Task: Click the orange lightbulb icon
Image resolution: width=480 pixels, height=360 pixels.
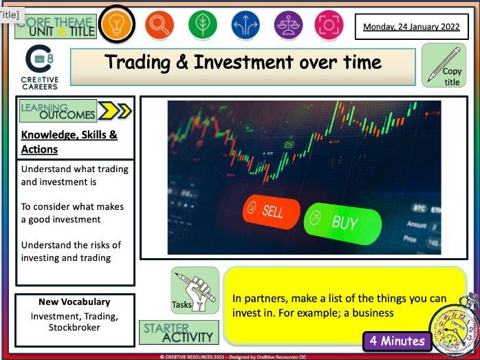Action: pyautogui.click(x=117, y=25)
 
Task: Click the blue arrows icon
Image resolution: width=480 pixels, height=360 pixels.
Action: pyautogui.click(x=245, y=25)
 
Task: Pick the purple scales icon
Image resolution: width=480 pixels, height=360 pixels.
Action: pyautogui.click(x=287, y=25)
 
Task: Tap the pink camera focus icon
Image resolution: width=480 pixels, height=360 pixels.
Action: pyautogui.click(x=329, y=25)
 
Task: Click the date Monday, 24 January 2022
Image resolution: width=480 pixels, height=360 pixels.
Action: pyautogui.click(x=411, y=27)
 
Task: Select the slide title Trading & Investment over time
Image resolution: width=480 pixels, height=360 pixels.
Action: pyautogui.click(x=243, y=63)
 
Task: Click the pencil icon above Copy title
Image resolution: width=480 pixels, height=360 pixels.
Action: pyautogui.click(x=440, y=60)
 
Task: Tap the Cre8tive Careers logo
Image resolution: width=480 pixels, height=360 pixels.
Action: pyautogui.click(x=40, y=67)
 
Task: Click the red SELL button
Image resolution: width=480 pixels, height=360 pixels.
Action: pyautogui.click(x=270, y=211)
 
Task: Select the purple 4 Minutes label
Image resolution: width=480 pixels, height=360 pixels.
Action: pyautogui.click(x=397, y=340)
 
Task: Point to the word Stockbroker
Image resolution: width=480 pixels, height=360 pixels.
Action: pyautogui.click(x=74, y=328)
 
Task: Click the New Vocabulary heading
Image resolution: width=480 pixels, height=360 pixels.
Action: pyautogui.click(x=74, y=301)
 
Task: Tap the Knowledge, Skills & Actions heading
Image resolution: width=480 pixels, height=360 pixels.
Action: pyautogui.click(x=69, y=141)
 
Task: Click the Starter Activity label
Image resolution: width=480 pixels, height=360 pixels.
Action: pyautogui.click(x=179, y=332)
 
